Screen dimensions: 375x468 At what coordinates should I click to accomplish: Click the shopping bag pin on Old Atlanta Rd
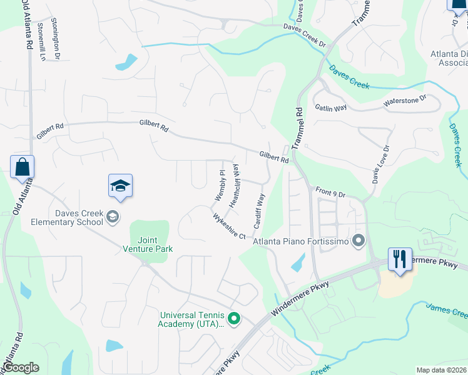click(22, 167)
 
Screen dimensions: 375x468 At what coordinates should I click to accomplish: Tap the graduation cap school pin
click(120, 186)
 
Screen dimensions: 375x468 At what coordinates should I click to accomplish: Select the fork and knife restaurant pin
click(400, 258)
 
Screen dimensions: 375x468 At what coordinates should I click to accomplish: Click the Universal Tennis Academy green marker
click(234, 319)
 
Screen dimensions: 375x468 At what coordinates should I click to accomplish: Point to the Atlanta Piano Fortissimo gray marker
click(359, 240)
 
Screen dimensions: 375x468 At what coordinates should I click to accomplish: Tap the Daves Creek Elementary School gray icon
click(113, 217)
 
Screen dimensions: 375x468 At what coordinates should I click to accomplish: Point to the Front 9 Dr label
click(330, 193)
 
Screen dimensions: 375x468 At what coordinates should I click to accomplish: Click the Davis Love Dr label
click(380, 164)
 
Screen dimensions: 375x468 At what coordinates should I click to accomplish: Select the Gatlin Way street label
click(331, 108)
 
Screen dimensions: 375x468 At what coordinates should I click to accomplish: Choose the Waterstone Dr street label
click(404, 100)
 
